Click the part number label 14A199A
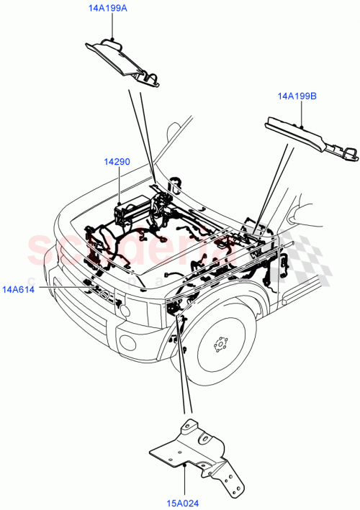tap(108, 9)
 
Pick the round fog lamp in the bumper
tap(123, 311)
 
